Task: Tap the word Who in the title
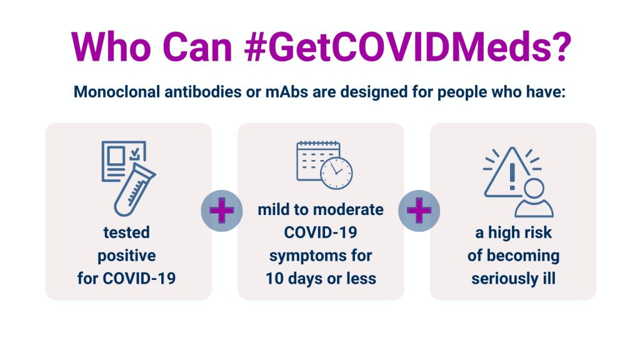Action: point(111,46)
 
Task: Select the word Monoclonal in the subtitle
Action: point(117,92)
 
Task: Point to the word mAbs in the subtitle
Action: point(286,92)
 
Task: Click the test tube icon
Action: point(134,190)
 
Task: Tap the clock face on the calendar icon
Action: point(336,173)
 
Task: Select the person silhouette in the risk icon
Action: point(534,198)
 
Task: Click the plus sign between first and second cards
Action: point(222,211)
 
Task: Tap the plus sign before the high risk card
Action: point(419,211)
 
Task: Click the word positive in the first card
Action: point(126,256)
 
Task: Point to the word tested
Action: point(126,232)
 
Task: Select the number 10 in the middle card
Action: point(275,279)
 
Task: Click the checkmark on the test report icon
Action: point(135,154)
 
